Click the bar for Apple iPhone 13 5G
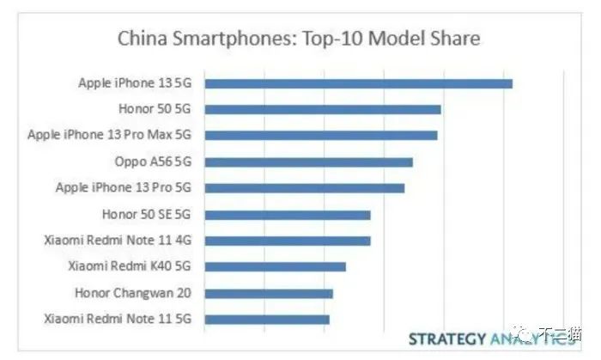pyautogui.click(x=358, y=83)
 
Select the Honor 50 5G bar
pyautogui.click(x=323, y=109)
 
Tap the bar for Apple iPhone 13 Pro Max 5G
pyautogui.click(x=321, y=135)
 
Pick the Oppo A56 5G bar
pyautogui.click(x=309, y=162)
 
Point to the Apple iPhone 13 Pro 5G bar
pyautogui.click(x=305, y=188)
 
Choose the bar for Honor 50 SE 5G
pyautogui.click(x=288, y=215)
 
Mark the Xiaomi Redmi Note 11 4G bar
pyautogui.click(x=288, y=241)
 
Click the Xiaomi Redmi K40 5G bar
pyautogui.click(x=276, y=266)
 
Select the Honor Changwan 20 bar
pyautogui.click(x=269, y=293)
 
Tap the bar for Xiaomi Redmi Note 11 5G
pyautogui.click(x=267, y=320)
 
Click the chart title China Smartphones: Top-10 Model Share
pyautogui.click(x=298, y=39)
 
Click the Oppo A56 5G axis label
pyautogui.click(x=152, y=162)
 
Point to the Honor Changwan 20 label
pyautogui.click(x=132, y=293)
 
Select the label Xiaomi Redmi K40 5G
pyautogui.click(x=129, y=266)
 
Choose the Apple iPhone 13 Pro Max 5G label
pyautogui.click(x=109, y=135)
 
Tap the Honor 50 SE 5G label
pyautogui.click(x=146, y=215)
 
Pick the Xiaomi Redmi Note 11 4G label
pyautogui.click(x=117, y=241)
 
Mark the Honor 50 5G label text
pyautogui.click(x=155, y=109)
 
